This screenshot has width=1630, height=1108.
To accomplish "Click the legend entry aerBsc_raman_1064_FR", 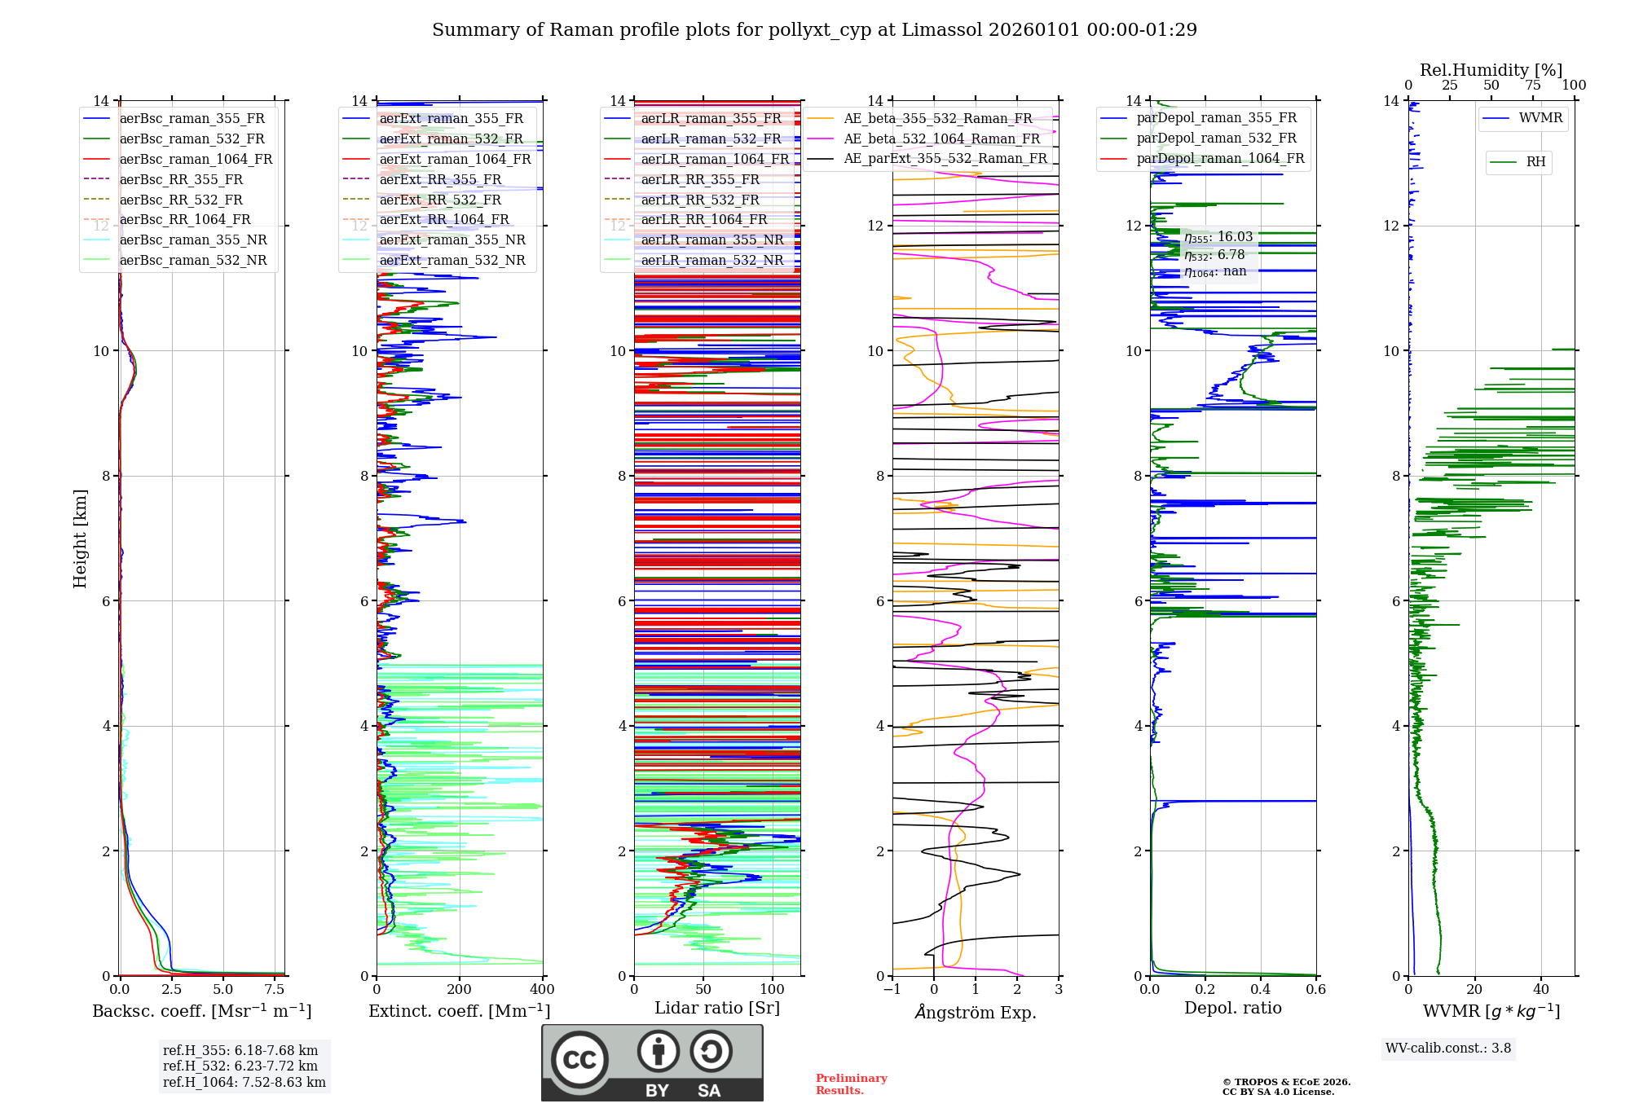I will (196, 160).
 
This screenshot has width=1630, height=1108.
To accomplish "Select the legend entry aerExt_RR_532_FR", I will (440, 200).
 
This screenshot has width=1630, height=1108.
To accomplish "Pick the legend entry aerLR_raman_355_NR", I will (711, 240).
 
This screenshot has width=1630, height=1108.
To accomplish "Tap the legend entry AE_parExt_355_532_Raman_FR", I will (945, 159).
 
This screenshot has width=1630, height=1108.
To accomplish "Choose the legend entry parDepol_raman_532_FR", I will (1216, 138).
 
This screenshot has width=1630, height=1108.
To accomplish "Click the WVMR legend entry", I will (1540, 118).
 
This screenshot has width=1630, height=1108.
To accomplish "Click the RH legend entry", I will (1535, 162).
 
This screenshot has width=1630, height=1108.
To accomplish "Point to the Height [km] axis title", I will (80, 539).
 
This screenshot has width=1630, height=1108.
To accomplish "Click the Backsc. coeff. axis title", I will (201, 1011).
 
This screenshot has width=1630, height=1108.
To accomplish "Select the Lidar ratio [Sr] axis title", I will (717, 1009).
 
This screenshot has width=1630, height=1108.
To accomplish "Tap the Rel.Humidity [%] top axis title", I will (1491, 70).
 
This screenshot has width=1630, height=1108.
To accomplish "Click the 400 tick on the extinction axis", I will (542, 990).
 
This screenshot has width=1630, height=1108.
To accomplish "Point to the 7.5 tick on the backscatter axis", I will (275, 990).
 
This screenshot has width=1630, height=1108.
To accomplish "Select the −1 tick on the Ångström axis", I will (892, 990).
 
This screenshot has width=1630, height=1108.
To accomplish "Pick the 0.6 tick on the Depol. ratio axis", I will (1315, 990).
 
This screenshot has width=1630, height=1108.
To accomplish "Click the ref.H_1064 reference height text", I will (244, 1083).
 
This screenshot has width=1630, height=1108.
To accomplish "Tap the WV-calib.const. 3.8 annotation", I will (1448, 1049).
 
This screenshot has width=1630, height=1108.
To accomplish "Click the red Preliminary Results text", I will (851, 1084).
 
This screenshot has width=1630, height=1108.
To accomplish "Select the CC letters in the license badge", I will (579, 1060).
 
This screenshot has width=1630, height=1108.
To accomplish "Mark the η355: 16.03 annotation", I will (1218, 237).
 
